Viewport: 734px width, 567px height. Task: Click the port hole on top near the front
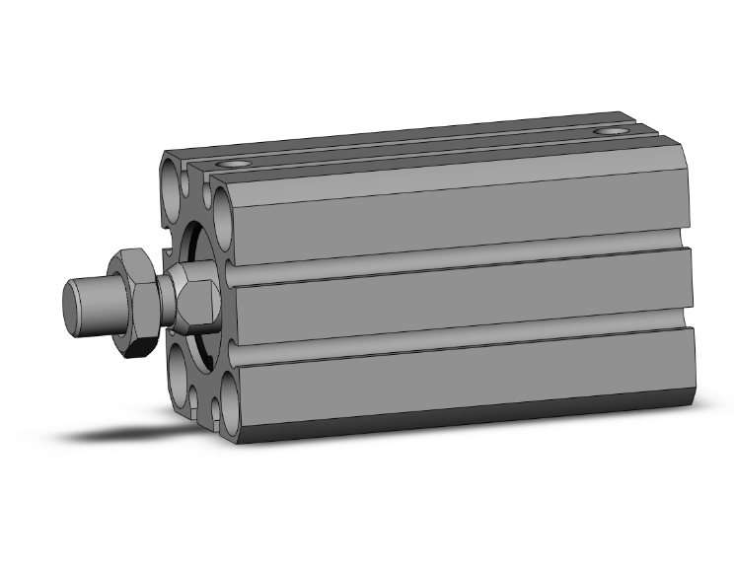coord(234,163)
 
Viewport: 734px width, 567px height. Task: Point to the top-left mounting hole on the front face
coord(173,182)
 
